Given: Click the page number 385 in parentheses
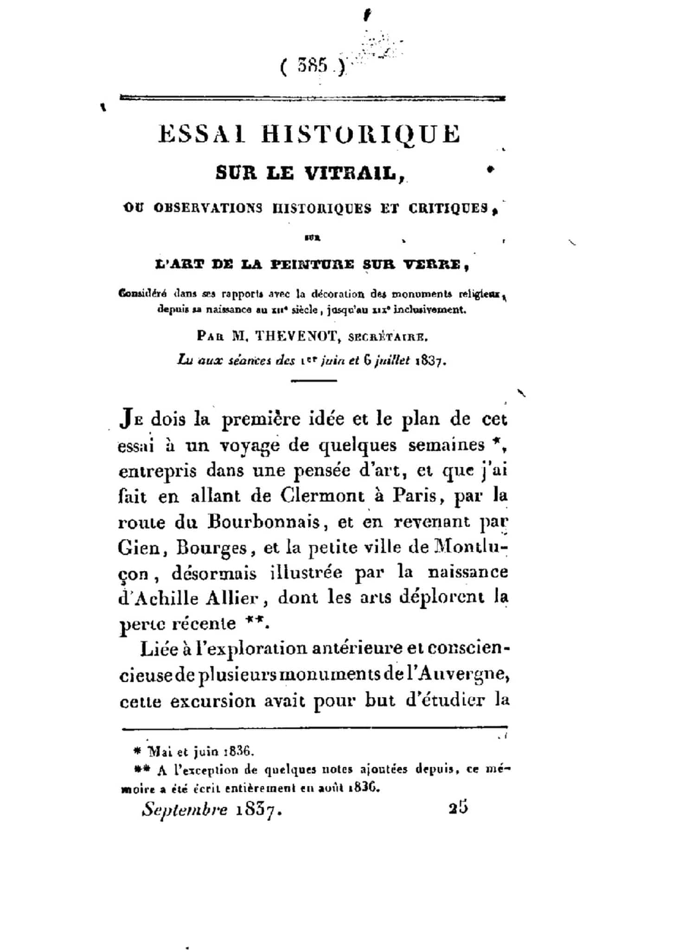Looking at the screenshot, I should pos(313,66).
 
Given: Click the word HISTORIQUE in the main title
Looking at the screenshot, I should pos(360,134).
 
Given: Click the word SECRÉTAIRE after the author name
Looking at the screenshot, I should pos(386,337).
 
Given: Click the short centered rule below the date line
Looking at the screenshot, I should pos(314,380).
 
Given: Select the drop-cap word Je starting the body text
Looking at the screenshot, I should pos(132,419).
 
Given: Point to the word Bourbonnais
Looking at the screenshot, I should pos(263,522).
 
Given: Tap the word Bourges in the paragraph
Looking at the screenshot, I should pos(212,549).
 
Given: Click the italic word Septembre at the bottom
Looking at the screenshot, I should pos(185,809).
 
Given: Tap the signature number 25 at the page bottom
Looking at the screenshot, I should pos(458,808).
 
